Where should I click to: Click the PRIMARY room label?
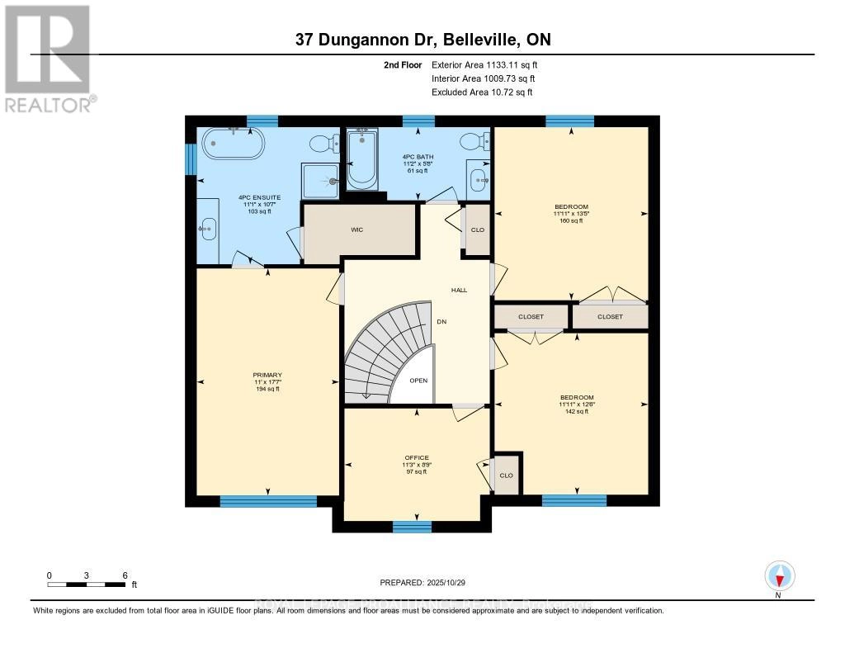[x=267, y=375]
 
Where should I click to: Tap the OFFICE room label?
[x=416, y=457]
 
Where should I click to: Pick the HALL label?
[x=459, y=291]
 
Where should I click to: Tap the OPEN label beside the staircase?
[x=419, y=381]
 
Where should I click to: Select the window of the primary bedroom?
[x=268, y=501]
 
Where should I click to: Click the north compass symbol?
[x=778, y=575]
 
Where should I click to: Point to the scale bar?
[x=86, y=584]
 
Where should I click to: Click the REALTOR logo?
[x=48, y=58]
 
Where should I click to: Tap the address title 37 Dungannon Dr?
[x=422, y=40]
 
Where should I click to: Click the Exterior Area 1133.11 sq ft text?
[x=485, y=64]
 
